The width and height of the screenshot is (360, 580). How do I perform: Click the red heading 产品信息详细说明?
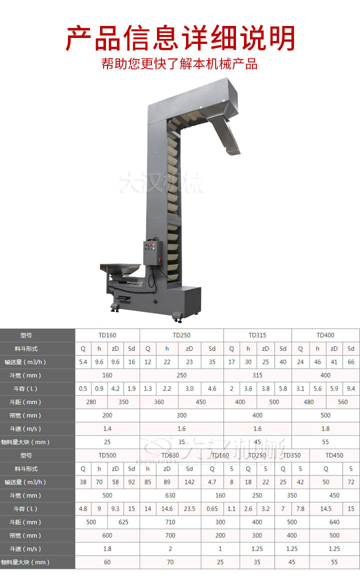click(180, 38)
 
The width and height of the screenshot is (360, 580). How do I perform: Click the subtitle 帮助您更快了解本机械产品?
click(180, 64)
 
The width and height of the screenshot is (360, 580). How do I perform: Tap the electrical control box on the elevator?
click(153, 253)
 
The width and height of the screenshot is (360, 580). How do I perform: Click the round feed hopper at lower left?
click(120, 270)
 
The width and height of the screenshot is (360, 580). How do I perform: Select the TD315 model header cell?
click(257, 335)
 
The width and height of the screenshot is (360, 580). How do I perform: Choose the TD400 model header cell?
click(325, 335)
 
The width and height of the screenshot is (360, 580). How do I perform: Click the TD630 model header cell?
click(170, 455)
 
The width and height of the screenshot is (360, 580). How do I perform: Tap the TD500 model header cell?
click(107, 455)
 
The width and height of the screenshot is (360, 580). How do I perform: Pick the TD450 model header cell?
click(334, 455)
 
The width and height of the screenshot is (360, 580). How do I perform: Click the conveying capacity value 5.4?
click(83, 362)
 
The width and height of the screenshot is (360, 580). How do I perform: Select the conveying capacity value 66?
click(351, 362)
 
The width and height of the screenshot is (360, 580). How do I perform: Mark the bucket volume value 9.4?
click(351, 388)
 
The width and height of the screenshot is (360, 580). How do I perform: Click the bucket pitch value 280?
click(91, 402)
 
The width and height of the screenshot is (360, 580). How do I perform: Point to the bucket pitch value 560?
click(342, 402)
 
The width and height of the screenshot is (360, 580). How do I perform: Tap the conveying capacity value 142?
click(189, 482)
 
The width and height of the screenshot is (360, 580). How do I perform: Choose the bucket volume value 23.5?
click(189, 509)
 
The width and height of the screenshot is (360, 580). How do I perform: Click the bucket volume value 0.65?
click(212, 509)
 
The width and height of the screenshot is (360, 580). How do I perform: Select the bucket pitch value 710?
click(170, 522)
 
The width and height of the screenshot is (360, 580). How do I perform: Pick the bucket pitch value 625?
click(123, 522)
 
